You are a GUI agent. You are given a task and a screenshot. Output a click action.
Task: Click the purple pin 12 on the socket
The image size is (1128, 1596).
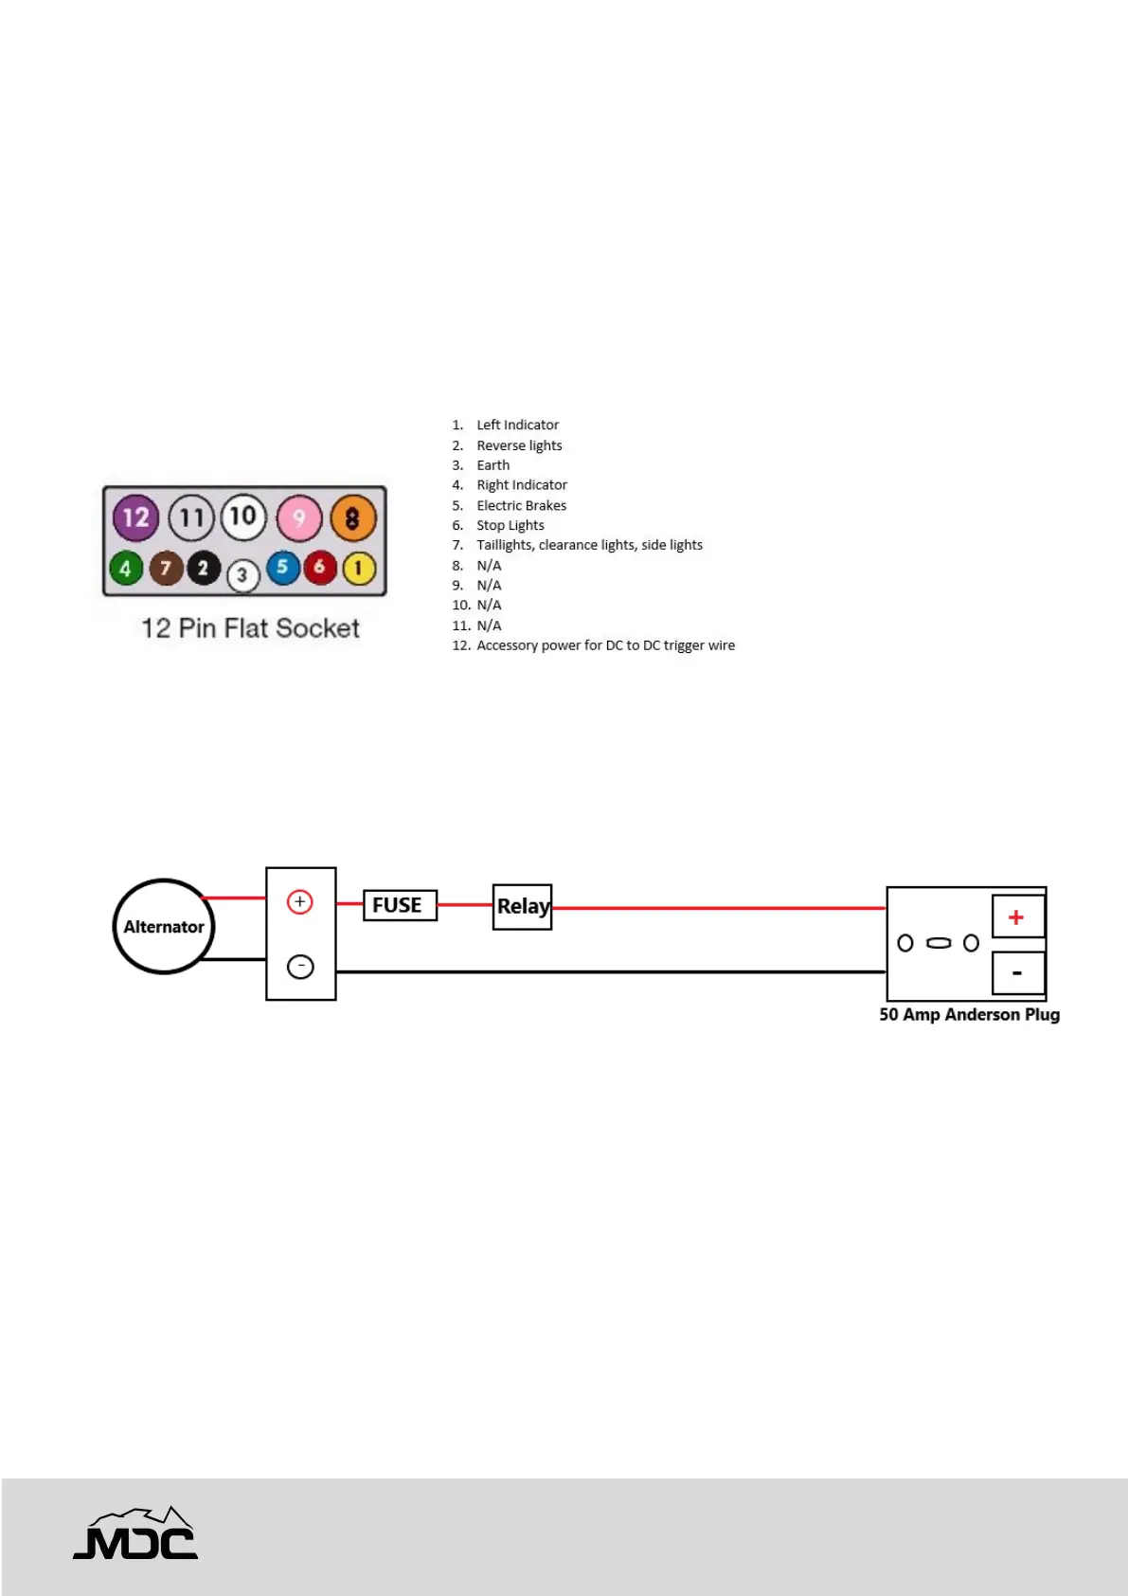136,517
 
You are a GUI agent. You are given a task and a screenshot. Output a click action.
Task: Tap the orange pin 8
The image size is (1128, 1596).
352,518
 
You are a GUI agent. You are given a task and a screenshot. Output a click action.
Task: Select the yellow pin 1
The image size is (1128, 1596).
358,569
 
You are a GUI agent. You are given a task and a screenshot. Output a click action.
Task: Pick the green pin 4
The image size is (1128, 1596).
126,569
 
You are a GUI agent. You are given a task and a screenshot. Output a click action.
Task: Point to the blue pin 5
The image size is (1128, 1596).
282,568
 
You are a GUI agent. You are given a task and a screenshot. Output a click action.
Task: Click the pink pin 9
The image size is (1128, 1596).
299,518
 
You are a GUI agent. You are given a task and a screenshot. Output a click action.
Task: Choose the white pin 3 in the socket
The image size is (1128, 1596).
242,575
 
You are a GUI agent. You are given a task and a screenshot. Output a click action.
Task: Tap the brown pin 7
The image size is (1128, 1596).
166,568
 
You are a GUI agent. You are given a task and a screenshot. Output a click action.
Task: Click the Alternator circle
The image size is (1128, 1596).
164,926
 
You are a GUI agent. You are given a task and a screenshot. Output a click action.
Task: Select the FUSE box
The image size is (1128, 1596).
399,905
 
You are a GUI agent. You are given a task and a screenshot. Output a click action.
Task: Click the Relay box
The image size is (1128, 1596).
522,906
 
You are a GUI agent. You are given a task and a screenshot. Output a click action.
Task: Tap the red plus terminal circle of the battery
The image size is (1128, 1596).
300,901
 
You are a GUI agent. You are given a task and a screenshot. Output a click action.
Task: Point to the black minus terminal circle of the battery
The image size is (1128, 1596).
300,967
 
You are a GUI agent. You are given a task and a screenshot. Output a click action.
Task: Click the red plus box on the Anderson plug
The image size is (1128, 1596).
1017,916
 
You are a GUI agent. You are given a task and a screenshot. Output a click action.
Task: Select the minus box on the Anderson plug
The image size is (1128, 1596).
1017,973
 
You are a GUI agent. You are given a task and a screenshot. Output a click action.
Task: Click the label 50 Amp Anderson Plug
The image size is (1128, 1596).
969,1014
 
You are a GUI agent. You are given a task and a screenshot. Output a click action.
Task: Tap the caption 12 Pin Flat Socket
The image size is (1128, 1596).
250,627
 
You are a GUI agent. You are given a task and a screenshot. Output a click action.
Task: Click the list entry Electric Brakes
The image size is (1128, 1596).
521,505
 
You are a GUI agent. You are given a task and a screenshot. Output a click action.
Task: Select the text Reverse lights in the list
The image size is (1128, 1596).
519,445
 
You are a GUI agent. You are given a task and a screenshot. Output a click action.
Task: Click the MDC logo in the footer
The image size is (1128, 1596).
136,1533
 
